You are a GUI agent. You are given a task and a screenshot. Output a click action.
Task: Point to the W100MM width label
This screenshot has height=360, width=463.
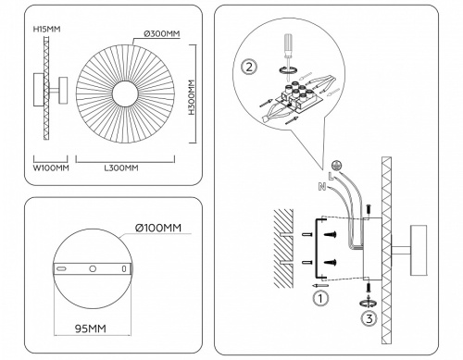(x=51, y=168)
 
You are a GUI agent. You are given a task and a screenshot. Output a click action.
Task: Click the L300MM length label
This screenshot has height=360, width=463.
(x=119, y=168)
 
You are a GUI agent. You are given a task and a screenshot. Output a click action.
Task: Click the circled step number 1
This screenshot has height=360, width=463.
(x=319, y=298)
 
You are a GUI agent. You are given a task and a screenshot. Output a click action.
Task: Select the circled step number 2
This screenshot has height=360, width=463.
(x=248, y=67)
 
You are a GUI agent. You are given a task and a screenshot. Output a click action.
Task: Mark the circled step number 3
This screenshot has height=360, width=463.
(x=369, y=321)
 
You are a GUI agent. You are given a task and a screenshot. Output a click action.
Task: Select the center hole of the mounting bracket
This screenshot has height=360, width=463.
(x=93, y=267)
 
